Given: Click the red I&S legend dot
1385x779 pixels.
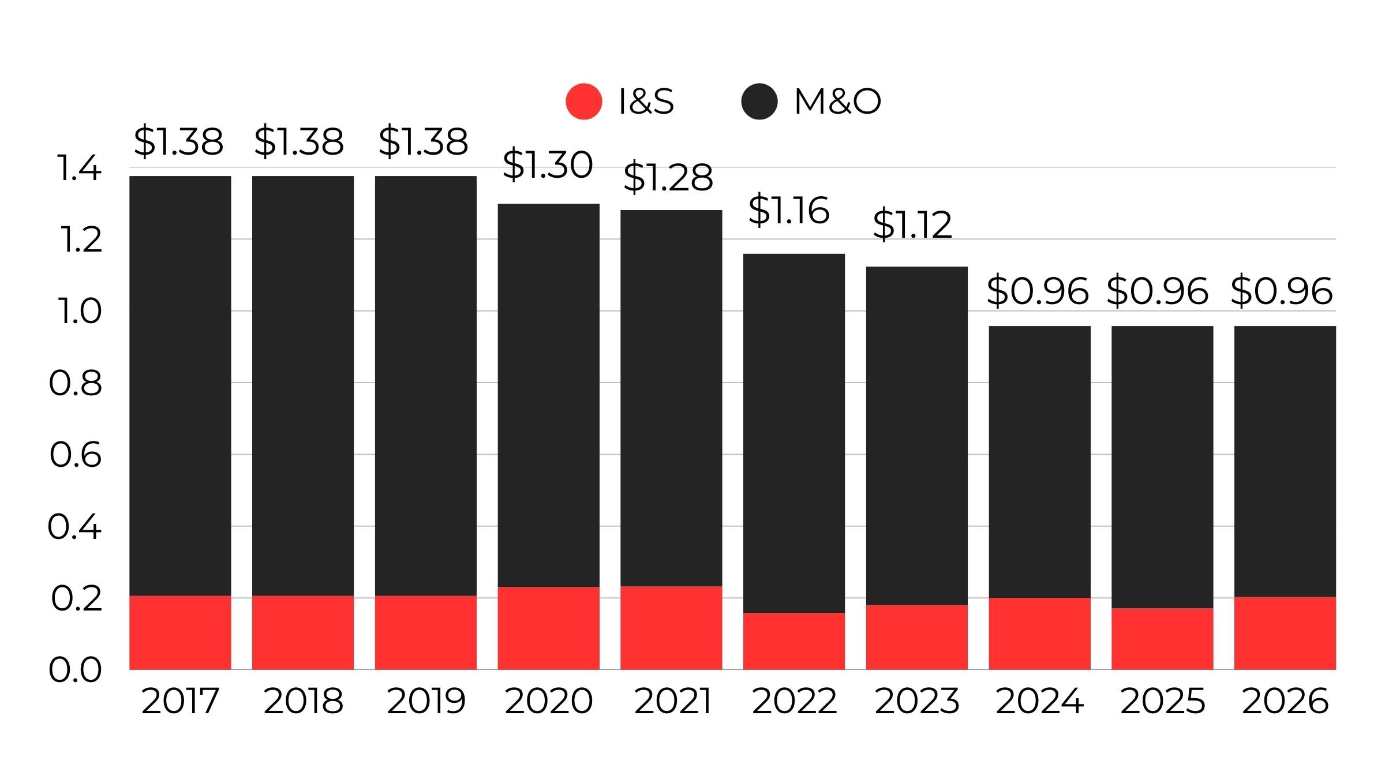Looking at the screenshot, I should [x=583, y=102].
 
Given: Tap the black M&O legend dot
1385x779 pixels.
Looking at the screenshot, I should [x=759, y=102].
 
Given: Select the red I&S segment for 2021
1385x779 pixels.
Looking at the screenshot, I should [x=671, y=628].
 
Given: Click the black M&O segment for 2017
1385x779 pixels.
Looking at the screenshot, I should [x=180, y=385].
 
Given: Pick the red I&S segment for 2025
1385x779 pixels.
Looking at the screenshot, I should [x=1162, y=639].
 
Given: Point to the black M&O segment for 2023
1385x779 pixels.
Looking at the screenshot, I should [x=916, y=436].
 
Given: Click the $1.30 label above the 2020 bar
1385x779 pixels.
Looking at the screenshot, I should [x=548, y=164].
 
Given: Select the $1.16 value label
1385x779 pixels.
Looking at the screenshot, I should [x=789, y=209].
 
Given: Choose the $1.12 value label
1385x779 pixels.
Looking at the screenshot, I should [x=912, y=224].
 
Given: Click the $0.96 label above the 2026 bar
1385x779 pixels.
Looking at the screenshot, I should [x=1281, y=291].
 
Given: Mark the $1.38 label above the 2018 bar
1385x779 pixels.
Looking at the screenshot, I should [x=299, y=141].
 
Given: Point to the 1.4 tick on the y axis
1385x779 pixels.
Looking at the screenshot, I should [x=78, y=168].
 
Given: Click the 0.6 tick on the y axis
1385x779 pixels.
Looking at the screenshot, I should [x=76, y=455].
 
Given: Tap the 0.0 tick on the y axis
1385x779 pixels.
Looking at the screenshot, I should [x=76, y=670].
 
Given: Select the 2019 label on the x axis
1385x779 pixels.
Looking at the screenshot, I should [x=426, y=701].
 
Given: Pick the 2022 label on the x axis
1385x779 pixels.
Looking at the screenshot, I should [x=794, y=701].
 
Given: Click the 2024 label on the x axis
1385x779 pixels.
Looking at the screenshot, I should [x=1039, y=701].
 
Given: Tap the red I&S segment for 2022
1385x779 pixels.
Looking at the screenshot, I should [x=794, y=641].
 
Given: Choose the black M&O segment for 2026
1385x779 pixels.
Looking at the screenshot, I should [x=1285, y=462].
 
